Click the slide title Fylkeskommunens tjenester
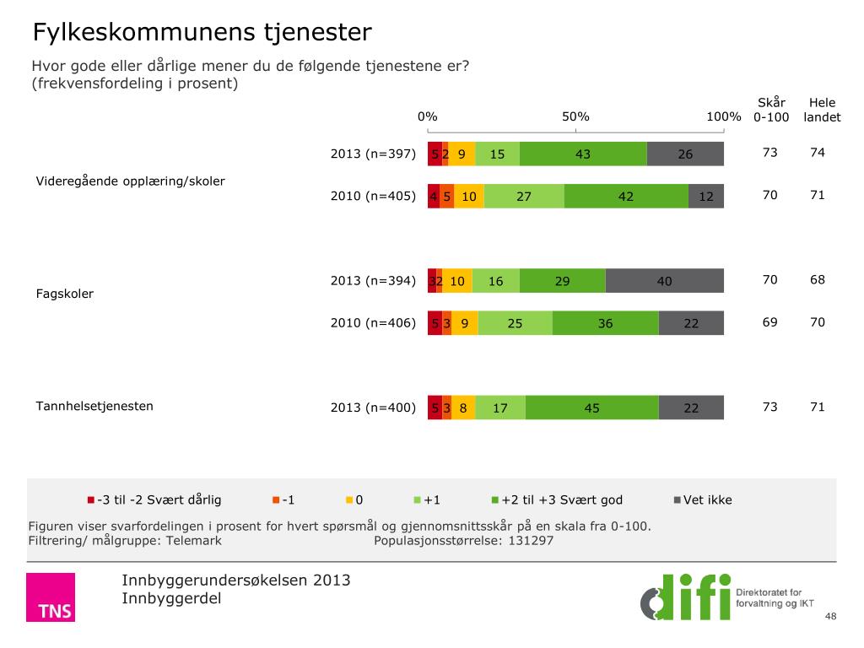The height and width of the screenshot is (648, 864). pyautogui.click(x=202, y=33)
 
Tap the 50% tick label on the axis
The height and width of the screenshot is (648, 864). pyautogui.click(x=575, y=116)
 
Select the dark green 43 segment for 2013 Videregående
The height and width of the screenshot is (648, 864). pyautogui.click(x=583, y=154)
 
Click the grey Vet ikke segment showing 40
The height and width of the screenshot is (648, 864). pyautogui.click(x=665, y=281)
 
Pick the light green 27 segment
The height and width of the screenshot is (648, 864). pyautogui.click(x=524, y=196)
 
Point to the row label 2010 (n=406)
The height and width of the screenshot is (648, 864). pyautogui.click(x=373, y=323)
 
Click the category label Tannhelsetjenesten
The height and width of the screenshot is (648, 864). pyautogui.click(x=94, y=406)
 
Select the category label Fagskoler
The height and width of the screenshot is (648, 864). pyautogui.click(x=64, y=294)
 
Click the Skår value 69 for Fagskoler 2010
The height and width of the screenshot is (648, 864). pyautogui.click(x=769, y=322)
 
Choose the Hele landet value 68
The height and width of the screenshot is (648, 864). pyautogui.click(x=817, y=280)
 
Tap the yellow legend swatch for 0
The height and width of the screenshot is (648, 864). pyautogui.click(x=348, y=500)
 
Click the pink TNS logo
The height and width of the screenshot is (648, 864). pyautogui.click(x=51, y=597)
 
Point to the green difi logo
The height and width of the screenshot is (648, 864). pyautogui.click(x=685, y=597)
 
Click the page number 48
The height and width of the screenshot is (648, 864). pyautogui.click(x=830, y=618)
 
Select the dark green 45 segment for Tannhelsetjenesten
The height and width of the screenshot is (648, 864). pyautogui.click(x=591, y=408)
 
